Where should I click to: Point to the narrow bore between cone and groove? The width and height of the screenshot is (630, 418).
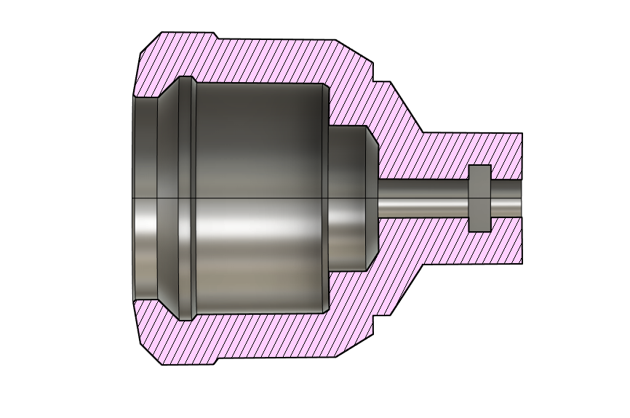click(422, 198)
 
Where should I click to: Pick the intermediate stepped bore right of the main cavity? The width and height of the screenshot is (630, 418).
click(347, 198)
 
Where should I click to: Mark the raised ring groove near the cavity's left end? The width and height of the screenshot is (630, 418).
click(186, 198)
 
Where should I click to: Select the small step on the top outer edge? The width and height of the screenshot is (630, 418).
click(216, 36)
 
